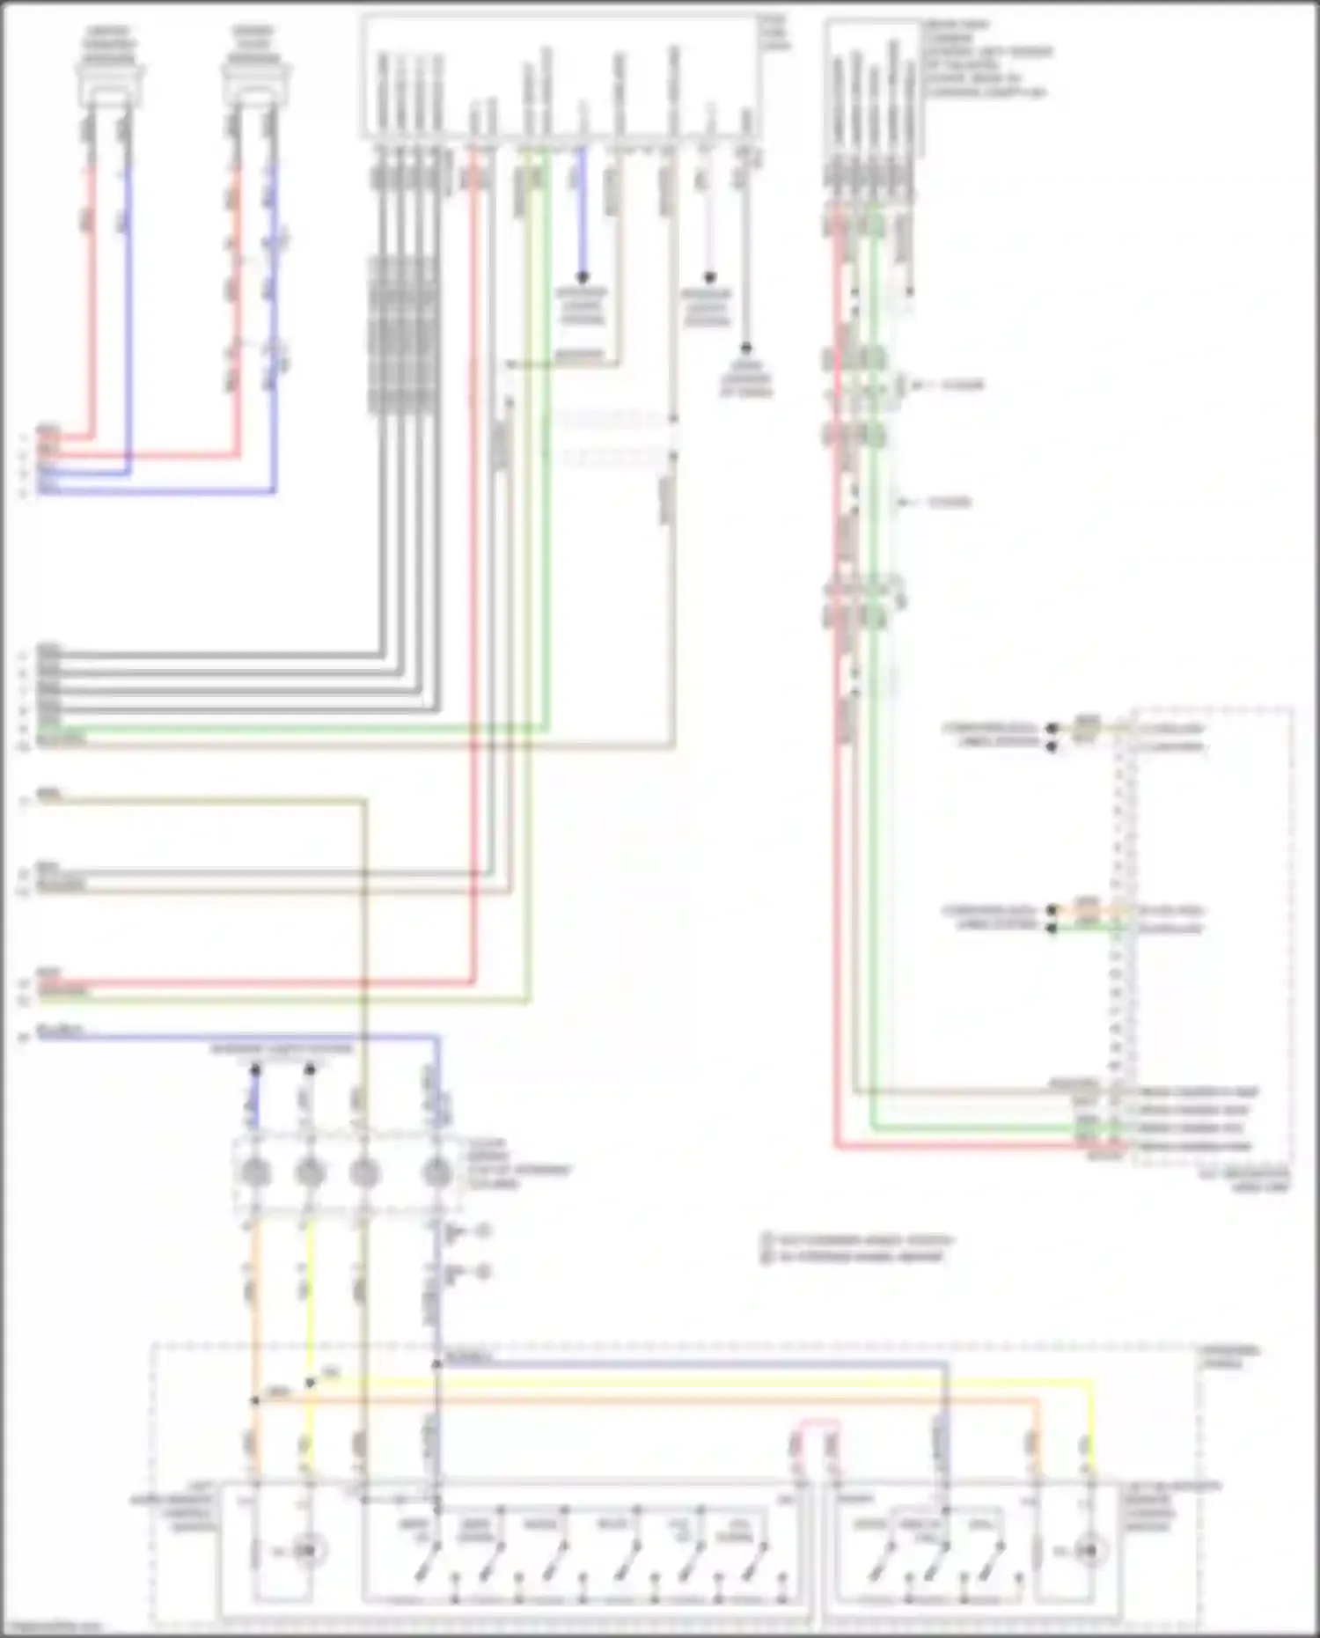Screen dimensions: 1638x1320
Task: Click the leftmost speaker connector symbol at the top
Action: click(x=111, y=77)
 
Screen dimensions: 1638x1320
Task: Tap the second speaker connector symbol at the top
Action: click(x=256, y=77)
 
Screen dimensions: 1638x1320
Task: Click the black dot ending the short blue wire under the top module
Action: click(x=582, y=277)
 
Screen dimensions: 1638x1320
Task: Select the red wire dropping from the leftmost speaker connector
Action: click(x=91, y=299)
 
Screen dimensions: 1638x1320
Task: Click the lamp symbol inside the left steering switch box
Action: click(x=307, y=1550)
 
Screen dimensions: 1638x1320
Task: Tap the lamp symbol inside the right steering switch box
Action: click(x=1089, y=1550)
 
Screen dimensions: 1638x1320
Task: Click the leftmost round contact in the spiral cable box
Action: click(x=255, y=1173)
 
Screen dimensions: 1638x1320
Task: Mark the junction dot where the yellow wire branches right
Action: click(x=310, y=1383)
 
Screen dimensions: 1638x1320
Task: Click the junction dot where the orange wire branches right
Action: click(x=255, y=1400)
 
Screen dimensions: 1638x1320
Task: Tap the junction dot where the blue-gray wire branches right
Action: click(x=436, y=1364)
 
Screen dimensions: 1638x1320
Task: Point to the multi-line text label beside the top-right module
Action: click(x=986, y=58)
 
